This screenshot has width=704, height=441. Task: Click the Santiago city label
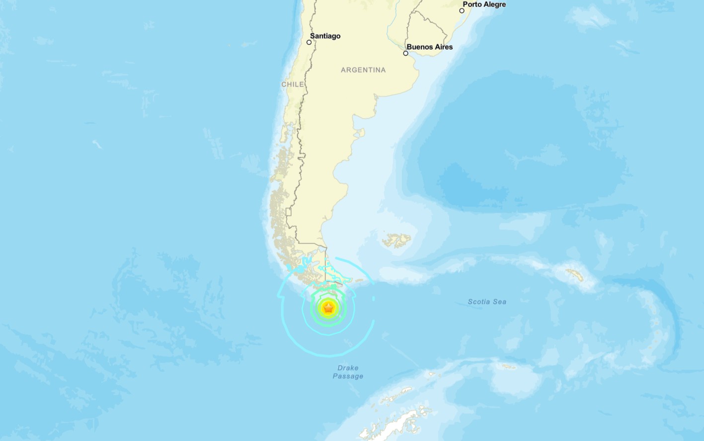(x=325, y=36)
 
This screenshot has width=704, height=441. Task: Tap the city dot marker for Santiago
(x=309, y=42)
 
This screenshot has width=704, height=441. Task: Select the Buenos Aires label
(x=430, y=47)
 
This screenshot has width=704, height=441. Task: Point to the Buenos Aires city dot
(x=406, y=53)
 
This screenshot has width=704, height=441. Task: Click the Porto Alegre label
(x=484, y=4)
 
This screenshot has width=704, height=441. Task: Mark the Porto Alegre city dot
(x=462, y=10)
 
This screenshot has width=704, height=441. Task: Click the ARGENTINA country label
(x=363, y=70)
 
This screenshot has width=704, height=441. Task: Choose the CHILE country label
(x=293, y=85)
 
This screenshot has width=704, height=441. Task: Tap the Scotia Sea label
(x=487, y=302)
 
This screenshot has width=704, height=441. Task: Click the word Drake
(x=348, y=368)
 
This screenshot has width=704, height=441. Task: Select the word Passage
(x=348, y=376)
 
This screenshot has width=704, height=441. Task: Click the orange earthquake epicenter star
(x=328, y=308)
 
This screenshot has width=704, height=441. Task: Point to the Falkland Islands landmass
(x=397, y=241)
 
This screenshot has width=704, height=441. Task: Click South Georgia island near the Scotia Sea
(x=575, y=274)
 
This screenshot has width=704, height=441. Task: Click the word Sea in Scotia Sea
(x=500, y=302)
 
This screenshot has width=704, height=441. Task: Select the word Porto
(x=472, y=4)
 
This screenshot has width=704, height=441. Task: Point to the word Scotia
(x=479, y=302)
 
